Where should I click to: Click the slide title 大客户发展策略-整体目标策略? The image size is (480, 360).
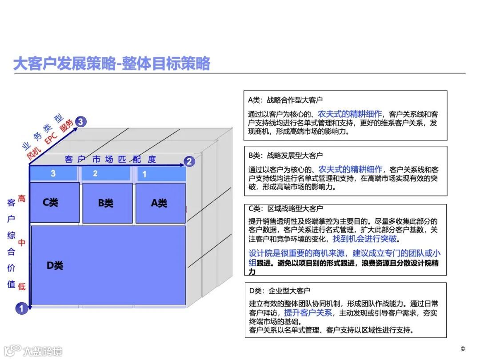[112, 64]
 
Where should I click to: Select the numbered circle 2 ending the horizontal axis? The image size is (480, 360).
[189, 161]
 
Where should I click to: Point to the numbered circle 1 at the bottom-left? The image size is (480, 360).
[21, 308]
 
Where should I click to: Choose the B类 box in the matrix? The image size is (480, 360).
[107, 203]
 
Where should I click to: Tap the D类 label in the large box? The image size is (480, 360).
[55, 266]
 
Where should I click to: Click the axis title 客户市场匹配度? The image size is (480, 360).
[110, 160]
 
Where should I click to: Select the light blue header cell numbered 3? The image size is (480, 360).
[53, 173]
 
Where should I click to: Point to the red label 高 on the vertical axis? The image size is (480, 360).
[21, 199]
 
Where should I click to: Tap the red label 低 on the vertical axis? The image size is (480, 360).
[21, 286]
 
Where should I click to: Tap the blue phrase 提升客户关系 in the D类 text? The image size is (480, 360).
[308, 312]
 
